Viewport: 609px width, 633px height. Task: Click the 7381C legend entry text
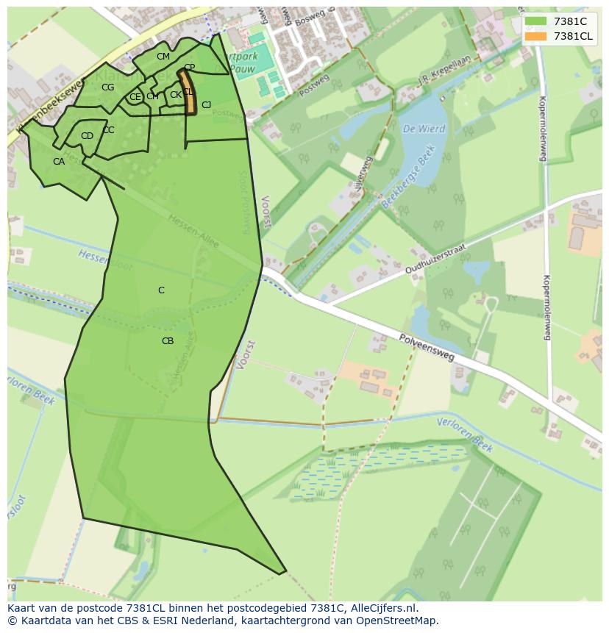[x=570, y=21]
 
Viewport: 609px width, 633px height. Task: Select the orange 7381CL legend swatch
[x=536, y=36]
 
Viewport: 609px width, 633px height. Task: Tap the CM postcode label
[x=163, y=57]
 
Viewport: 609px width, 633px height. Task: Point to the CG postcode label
[x=108, y=87]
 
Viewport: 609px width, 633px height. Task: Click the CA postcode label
[x=59, y=162]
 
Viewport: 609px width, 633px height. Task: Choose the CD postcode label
[x=87, y=136]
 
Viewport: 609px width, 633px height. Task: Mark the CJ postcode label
[x=206, y=105]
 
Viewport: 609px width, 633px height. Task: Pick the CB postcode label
[x=168, y=341]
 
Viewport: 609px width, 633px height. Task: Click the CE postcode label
[x=135, y=97]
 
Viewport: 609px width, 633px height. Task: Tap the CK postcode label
[x=176, y=95]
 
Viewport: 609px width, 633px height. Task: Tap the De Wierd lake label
[x=424, y=129]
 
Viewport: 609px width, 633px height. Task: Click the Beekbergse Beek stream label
[x=409, y=177]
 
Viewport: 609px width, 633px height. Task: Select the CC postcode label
[x=108, y=130]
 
